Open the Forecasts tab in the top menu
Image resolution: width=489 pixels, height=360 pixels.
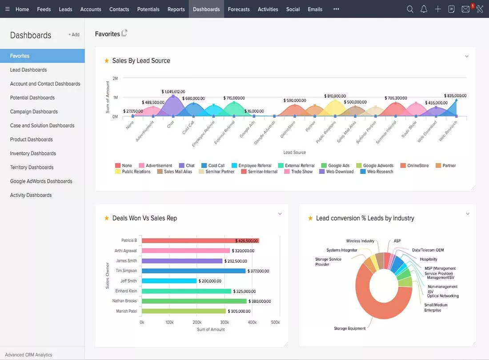(x=239, y=9)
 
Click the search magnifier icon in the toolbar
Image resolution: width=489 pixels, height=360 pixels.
(x=410, y=9)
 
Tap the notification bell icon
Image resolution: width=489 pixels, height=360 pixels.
(x=424, y=9)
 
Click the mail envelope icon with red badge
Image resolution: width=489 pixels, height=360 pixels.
(x=465, y=9)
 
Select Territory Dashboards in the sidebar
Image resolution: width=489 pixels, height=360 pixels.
(x=32, y=167)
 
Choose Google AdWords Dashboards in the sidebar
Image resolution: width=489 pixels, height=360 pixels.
(x=41, y=181)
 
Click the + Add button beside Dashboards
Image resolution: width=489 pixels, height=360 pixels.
(x=74, y=35)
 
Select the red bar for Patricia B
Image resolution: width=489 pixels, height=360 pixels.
(x=200, y=240)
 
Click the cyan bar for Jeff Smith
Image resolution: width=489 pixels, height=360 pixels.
(x=169, y=281)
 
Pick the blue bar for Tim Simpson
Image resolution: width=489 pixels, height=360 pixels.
(x=193, y=271)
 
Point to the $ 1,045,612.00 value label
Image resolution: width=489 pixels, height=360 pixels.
(x=173, y=92)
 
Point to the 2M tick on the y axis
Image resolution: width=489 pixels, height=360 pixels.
(x=115, y=78)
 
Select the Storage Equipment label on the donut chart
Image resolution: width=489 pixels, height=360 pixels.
(x=349, y=328)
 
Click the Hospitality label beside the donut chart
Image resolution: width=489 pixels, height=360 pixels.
(x=429, y=259)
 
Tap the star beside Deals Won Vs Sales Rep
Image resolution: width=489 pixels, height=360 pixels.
(x=106, y=218)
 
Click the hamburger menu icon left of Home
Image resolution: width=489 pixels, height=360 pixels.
(x=7, y=9)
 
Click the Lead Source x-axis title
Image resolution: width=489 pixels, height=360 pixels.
(x=294, y=152)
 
